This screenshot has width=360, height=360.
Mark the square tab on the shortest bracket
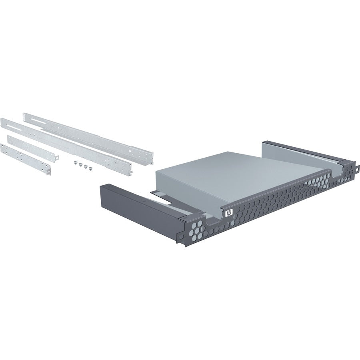tap(49, 171)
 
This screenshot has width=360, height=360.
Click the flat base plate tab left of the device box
tap(160, 194)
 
